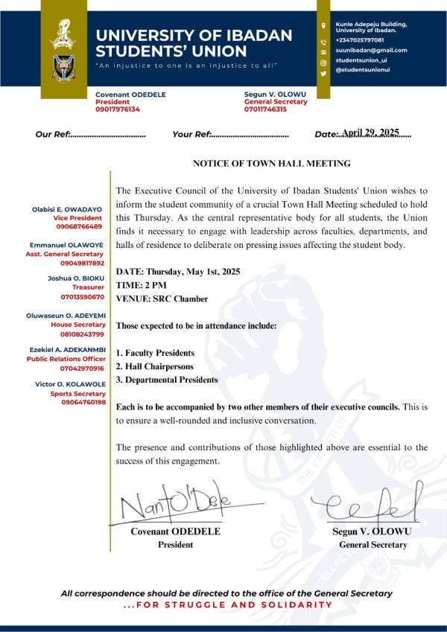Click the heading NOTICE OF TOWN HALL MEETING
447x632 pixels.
click(x=271, y=163)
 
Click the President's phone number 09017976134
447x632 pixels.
click(x=118, y=109)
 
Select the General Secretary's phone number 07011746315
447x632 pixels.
click(x=265, y=109)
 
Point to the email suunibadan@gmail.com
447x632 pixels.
click(x=371, y=50)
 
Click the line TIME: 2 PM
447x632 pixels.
click(x=142, y=285)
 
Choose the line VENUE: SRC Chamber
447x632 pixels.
click(x=162, y=299)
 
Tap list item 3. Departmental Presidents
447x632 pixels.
click(x=167, y=380)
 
